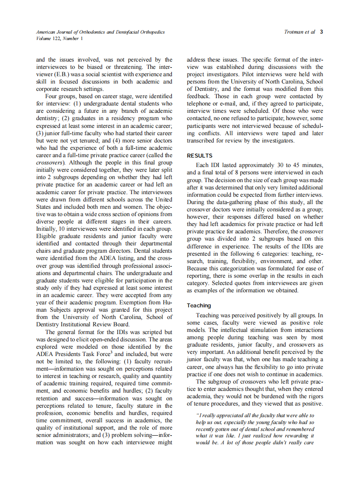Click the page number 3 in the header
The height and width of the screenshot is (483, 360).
[322, 32]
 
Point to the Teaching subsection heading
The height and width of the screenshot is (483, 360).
[199, 305]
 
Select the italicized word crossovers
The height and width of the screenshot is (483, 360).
[50, 162]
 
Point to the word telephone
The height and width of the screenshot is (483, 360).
[200, 103]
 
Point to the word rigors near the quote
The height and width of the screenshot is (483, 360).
[314, 396]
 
